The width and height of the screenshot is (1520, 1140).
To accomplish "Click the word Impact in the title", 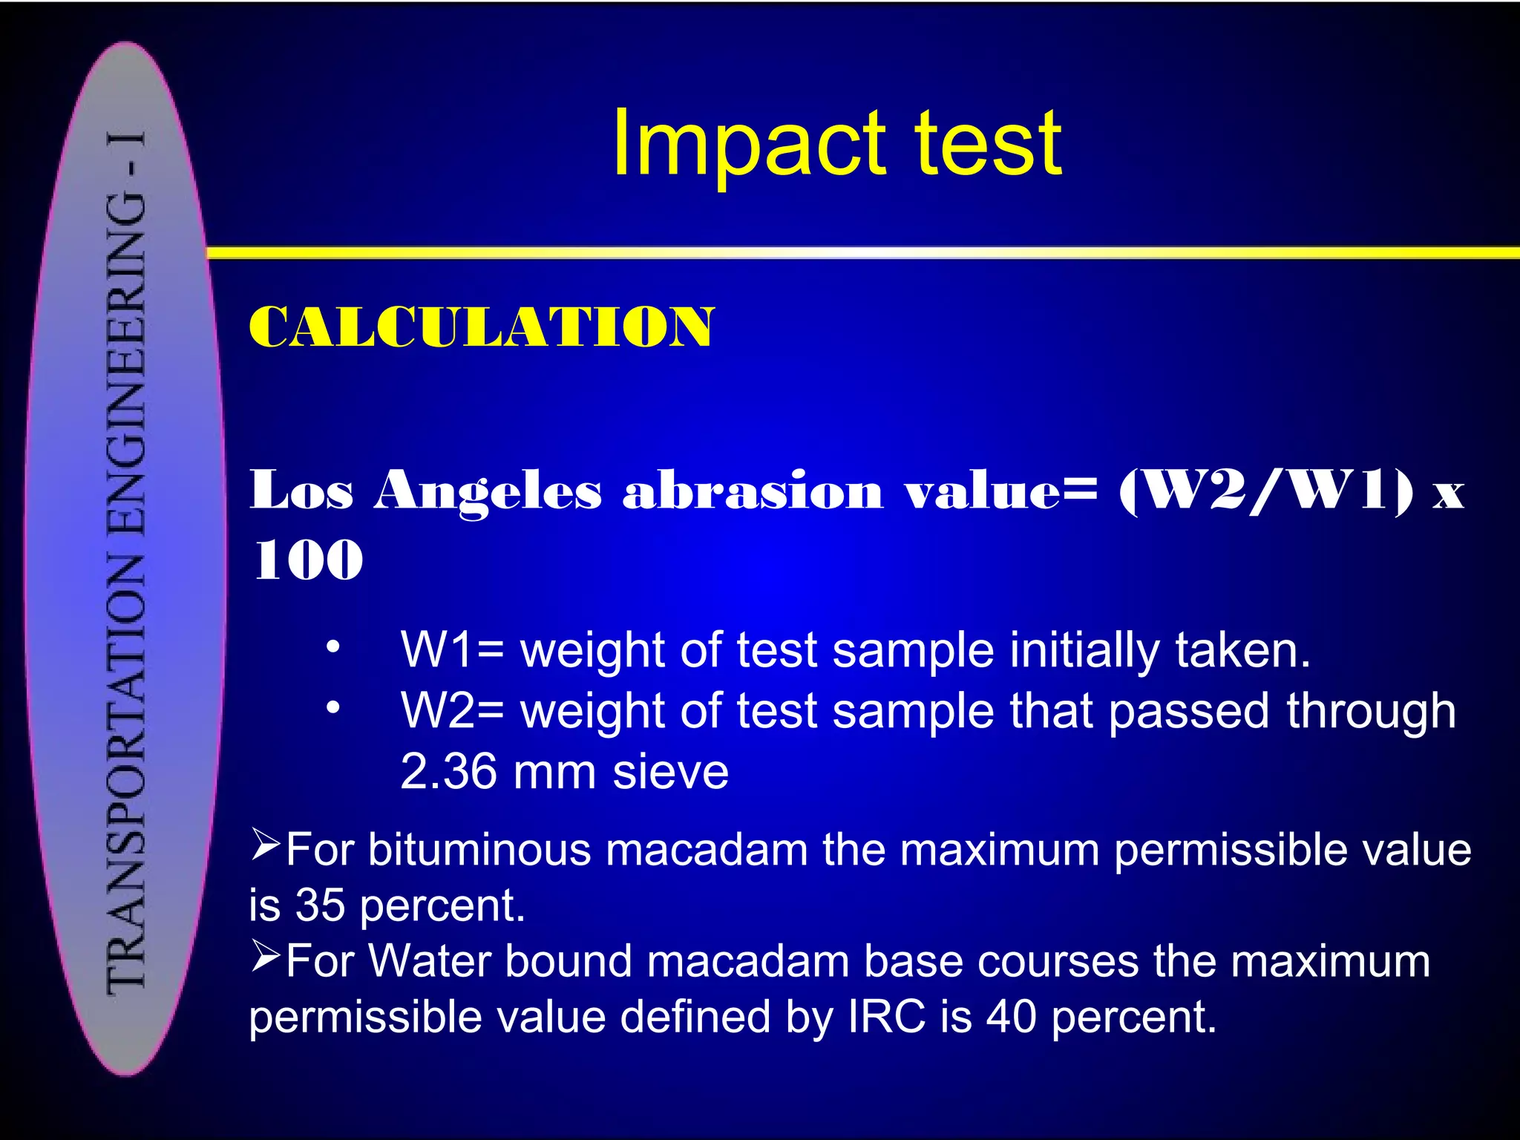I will coord(750,145).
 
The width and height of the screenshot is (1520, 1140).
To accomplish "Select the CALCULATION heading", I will coord(481,327).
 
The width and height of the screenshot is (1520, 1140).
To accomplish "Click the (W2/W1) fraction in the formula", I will coord(1266,491).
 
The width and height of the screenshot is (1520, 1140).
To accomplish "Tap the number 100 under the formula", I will coord(308,560).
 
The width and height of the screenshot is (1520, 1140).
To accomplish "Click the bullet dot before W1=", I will coord(333,647).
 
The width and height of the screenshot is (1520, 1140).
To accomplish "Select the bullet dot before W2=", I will coord(333,708).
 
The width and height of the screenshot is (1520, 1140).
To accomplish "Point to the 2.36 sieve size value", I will coord(448,772).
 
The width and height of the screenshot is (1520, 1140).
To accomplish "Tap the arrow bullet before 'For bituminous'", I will coord(265,845).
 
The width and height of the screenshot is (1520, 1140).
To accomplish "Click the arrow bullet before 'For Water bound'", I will coord(265,956).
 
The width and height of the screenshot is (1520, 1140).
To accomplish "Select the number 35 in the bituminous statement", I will coord(320,905).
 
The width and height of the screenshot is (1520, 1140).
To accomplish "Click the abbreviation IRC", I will coord(886,1016).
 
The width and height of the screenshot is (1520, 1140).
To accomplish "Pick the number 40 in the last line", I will coord(1011,1016).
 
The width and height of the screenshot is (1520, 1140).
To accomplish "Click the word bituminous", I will coord(475,850).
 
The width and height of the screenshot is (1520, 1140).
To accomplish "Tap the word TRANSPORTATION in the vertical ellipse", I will coord(126,772).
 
